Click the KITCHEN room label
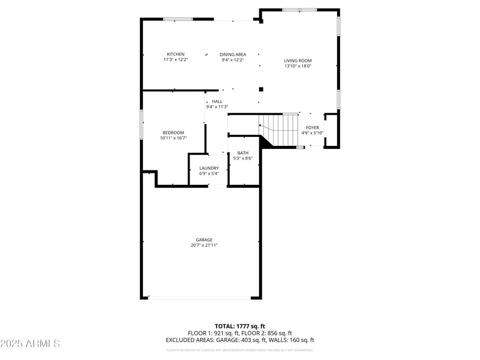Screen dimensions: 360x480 175,55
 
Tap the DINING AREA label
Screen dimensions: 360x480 233,55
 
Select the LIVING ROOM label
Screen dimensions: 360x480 298,61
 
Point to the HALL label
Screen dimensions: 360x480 217,101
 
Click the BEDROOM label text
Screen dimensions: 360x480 173,133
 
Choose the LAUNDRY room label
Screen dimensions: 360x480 209,168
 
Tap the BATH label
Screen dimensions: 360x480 243,153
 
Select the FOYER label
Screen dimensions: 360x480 313,127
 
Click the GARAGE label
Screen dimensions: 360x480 204,239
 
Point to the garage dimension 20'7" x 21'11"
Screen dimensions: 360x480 204,245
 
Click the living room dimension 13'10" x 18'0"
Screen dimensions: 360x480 298,66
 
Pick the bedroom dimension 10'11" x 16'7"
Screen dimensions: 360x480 173,138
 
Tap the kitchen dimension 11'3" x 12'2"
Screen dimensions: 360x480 175,60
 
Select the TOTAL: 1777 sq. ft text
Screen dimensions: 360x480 239,326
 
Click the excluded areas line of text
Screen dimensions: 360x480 239,340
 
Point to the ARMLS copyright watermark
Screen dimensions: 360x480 30,343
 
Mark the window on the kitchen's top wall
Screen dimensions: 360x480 178,19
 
